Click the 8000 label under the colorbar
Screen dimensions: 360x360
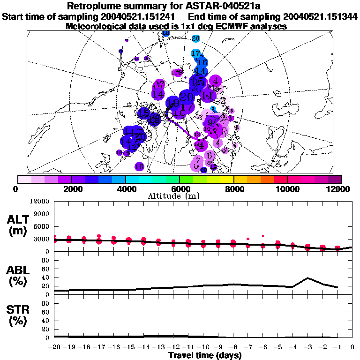pyautogui.click(x=233, y=189)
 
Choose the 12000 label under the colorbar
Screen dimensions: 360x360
pyautogui.click(x=339, y=189)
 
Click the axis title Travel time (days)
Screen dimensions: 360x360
pyautogui.click(x=205, y=355)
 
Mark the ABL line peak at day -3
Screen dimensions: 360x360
pyautogui.click(x=307, y=278)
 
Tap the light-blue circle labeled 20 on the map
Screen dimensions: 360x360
pyautogui.click(x=196, y=38)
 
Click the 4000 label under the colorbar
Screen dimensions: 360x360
pyautogui.click(x=125, y=189)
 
